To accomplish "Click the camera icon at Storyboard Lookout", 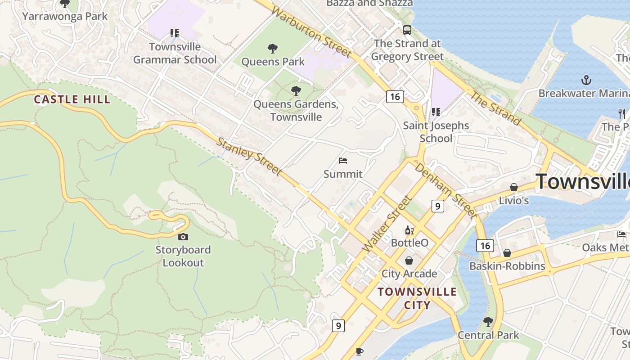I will click(183, 237).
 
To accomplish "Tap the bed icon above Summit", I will click(343, 161).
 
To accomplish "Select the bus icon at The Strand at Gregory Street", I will click(407, 30).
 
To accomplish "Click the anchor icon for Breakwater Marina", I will click(586, 81).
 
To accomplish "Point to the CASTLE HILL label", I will click(72, 99).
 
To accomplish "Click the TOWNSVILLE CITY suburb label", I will click(417, 298).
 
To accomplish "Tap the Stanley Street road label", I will click(249, 157).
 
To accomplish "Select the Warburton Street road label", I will click(312, 33).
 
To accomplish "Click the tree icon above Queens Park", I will click(273, 49).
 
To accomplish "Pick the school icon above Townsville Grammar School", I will click(175, 33).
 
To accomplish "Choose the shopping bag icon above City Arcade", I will click(409, 261).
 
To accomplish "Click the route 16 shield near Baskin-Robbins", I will click(485, 246).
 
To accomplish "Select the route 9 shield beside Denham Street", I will click(437, 206).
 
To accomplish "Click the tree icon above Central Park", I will click(488, 322).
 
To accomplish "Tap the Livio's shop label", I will click(514, 201).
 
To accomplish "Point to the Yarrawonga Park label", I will click(65, 17).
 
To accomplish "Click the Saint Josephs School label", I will click(436, 132).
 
